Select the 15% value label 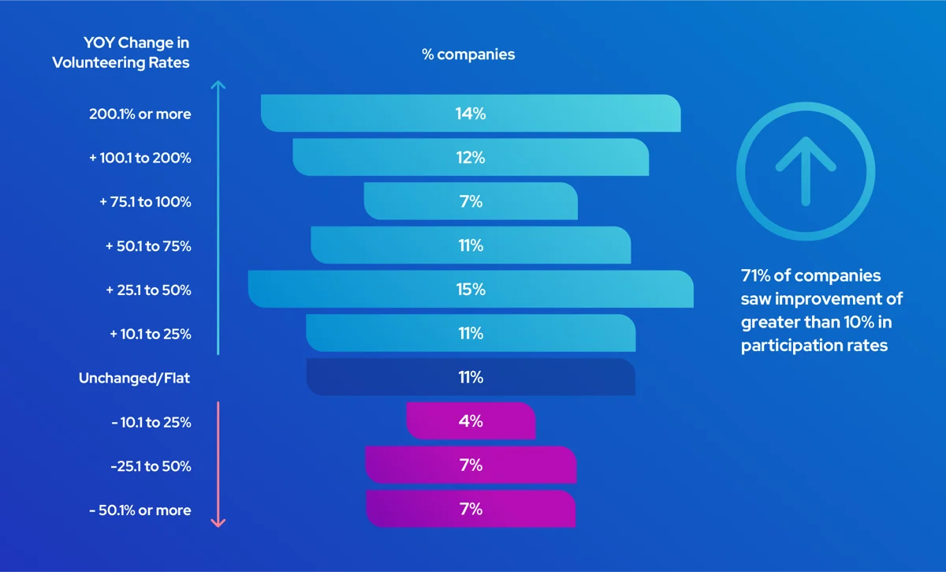pyautogui.click(x=470, y=290)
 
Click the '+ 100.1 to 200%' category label pyautogui.click(x=140, y=158)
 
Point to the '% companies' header pyautogui.click(x=468, y=54)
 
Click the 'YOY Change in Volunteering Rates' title pyautogui.click(x=121, y=52)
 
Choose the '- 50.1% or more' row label pyautogui.click(x=140, y=510)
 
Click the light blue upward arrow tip pyautogui.click(x=219, y=84)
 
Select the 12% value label pyautogui.click(x=470, y=158)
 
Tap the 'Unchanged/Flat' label pyautogui.click(x=134, y=379)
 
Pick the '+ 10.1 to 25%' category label pyautogui.click(x=150, y=334)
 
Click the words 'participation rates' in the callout pyautogui.click(x=814, y=346)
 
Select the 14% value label pyautogui.click(x=470, y=114)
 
